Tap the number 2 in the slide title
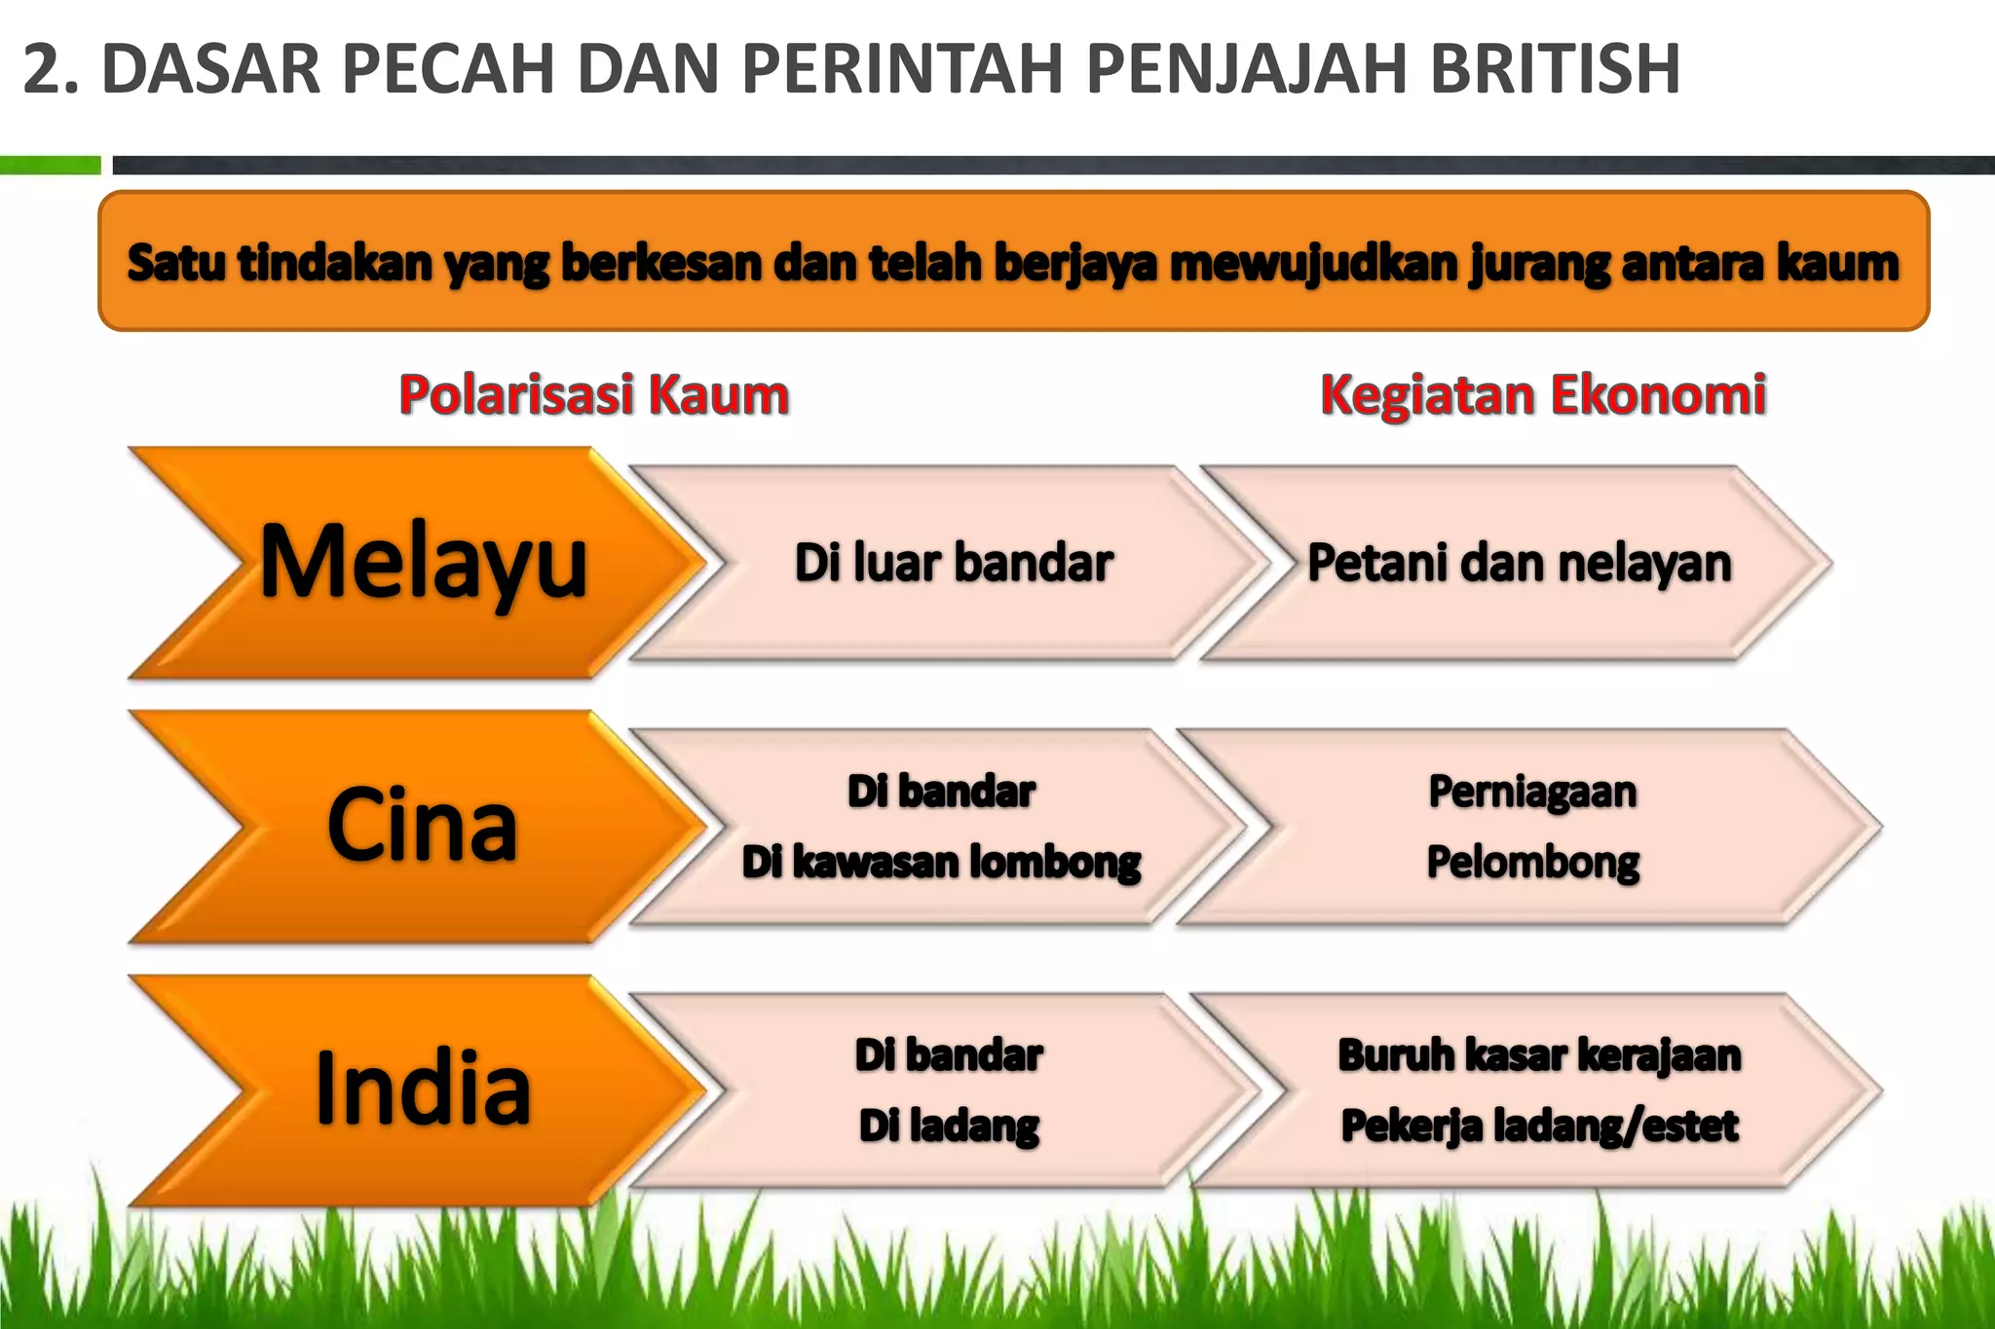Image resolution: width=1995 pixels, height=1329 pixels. pos(44,70)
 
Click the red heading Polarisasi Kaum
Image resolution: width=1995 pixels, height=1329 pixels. pos(593,395)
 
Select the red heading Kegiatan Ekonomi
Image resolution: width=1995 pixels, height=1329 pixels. pos(1543,395)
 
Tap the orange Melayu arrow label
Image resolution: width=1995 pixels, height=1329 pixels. pos(424,562)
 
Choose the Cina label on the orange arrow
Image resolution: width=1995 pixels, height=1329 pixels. pos(422,826)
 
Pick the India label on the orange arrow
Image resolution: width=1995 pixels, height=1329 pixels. pos(423,1089)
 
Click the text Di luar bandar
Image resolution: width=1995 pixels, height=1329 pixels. pos(954,563)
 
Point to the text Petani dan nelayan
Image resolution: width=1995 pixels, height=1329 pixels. pos(1519,563)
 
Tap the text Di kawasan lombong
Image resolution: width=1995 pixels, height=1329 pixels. pos(941,863)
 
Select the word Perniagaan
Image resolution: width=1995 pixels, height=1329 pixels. pos(1532,792)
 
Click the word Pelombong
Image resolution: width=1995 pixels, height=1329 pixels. pos(1532,863)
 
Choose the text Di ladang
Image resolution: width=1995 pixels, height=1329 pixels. pos(949,1126)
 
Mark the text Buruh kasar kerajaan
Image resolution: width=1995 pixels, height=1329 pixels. pos(1539,1055)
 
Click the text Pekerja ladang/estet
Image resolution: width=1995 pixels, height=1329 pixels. pos(1539,1126)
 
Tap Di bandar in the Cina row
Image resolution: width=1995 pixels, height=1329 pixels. pos(941,792)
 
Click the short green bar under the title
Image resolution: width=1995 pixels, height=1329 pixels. pos(50,166)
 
